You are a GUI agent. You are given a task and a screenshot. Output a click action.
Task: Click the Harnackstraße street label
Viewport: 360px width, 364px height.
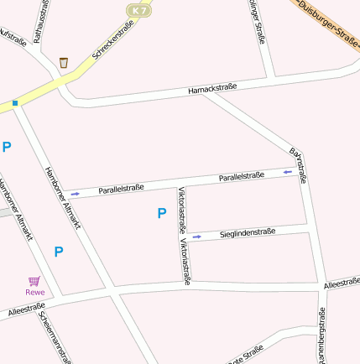212,86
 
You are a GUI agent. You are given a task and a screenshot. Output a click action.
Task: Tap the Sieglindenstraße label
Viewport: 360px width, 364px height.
248,232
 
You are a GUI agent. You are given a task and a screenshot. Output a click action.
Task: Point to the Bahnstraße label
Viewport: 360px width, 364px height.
298,165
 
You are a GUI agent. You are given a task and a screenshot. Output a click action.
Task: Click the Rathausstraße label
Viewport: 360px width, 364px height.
38,21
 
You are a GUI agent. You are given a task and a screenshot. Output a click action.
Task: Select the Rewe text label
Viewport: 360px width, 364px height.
34,292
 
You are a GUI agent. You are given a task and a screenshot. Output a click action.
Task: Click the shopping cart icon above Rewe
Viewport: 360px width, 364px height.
34,281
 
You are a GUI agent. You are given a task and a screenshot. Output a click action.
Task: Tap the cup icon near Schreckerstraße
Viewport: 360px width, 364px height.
64,62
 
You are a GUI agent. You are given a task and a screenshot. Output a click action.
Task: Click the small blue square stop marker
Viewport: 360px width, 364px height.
14,103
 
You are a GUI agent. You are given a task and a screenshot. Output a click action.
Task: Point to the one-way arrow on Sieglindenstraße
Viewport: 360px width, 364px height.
197,237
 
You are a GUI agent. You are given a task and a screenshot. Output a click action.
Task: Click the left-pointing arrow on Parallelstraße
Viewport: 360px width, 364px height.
288,172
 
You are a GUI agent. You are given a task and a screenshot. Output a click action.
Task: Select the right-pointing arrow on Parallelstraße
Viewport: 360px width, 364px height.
76,194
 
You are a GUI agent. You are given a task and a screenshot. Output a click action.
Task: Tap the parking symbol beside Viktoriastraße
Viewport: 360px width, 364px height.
161,213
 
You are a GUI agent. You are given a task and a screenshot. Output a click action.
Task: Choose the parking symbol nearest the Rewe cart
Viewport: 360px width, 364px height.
59,251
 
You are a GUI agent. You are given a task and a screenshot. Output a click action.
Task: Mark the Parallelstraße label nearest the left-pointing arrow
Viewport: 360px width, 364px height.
242,177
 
